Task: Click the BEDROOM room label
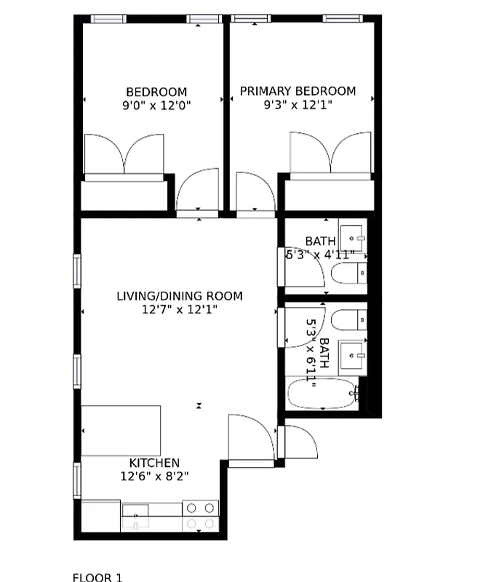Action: pyautogui.click(x=156, y=92)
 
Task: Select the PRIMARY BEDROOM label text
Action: pyautogui.click(x=298, y=91)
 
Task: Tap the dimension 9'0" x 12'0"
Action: pyautogui.click(x=156, y=105)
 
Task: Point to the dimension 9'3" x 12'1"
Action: pyautogui.click(x=298, y=105)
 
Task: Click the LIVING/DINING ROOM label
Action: pyautogui.click(x=180, y=296)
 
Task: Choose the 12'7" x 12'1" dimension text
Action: pyautogui.click(x=180, y=310)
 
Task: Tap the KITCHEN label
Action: pyautogui.click(x=154, y=463)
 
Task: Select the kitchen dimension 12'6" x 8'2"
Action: pyautogui.click(x=154, y=477)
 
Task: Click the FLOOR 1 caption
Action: pyautogui.click(x=97, y=578)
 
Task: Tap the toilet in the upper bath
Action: pyautogui.click(x=348, y=274)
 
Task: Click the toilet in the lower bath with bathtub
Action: pyautogui.click(x=348, y=319)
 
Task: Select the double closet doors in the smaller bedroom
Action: pyautogui.click(x=124, y=154)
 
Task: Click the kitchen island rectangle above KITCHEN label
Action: pyautogui.click(x=120, y=430)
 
